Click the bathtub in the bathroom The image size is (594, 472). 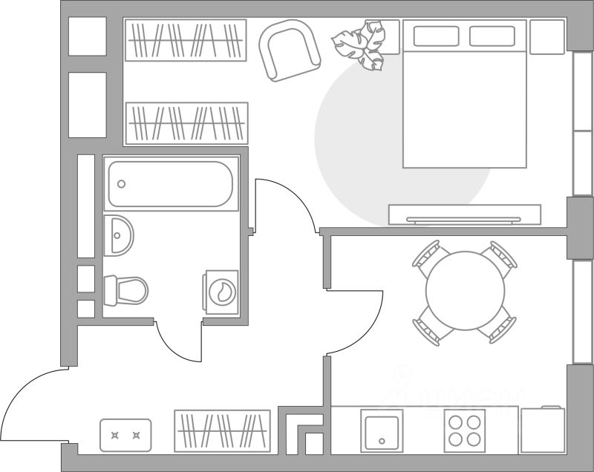(x=170, y=185)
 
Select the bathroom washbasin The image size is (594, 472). (x=119, y=235)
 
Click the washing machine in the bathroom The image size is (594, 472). (x=221, y=291)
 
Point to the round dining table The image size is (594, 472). (x=465, y=291)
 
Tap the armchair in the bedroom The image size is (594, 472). (x=290, y=50)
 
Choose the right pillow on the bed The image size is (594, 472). (x=492, y=36)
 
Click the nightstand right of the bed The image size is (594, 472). (x=547, y=36)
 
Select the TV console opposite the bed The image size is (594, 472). (x=465, y=215)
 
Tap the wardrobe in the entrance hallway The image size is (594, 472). (x=222, y=430)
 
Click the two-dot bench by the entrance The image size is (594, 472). (x=125, y=436)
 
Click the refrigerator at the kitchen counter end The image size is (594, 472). (x=543, y=430)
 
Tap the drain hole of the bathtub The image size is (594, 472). (x=122, y=184)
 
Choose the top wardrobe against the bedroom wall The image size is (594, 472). (x=185, y=40)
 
